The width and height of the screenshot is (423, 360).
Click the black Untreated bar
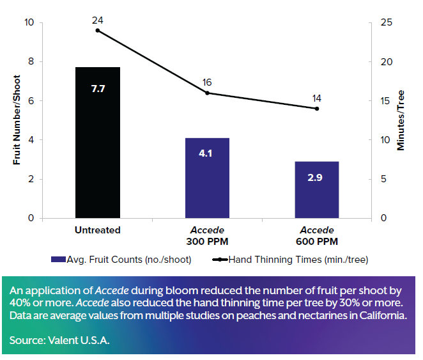pyautogui.click(x=98, y=142)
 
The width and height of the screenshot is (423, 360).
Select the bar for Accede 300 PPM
pyautogui.click(x=207, y=178)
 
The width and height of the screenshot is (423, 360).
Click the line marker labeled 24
pyautogui.click(x=98, y=30)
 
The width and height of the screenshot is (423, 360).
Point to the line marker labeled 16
pyautogui.click(x=207, y=93)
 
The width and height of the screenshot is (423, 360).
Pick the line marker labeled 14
pyautogui.click(x=317, y=108)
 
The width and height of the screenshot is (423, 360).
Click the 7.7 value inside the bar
pyautogui.click(x=98, y=89)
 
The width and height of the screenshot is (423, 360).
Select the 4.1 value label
pyautogui.click(x=207, y=154)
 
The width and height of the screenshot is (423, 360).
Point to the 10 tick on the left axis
pyautogui.click(x=29, y=23)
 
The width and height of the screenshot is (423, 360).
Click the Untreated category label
pyautogui.click(x=98, y=230)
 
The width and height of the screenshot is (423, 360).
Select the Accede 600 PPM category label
pyautogui.click(x=317, y=235)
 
